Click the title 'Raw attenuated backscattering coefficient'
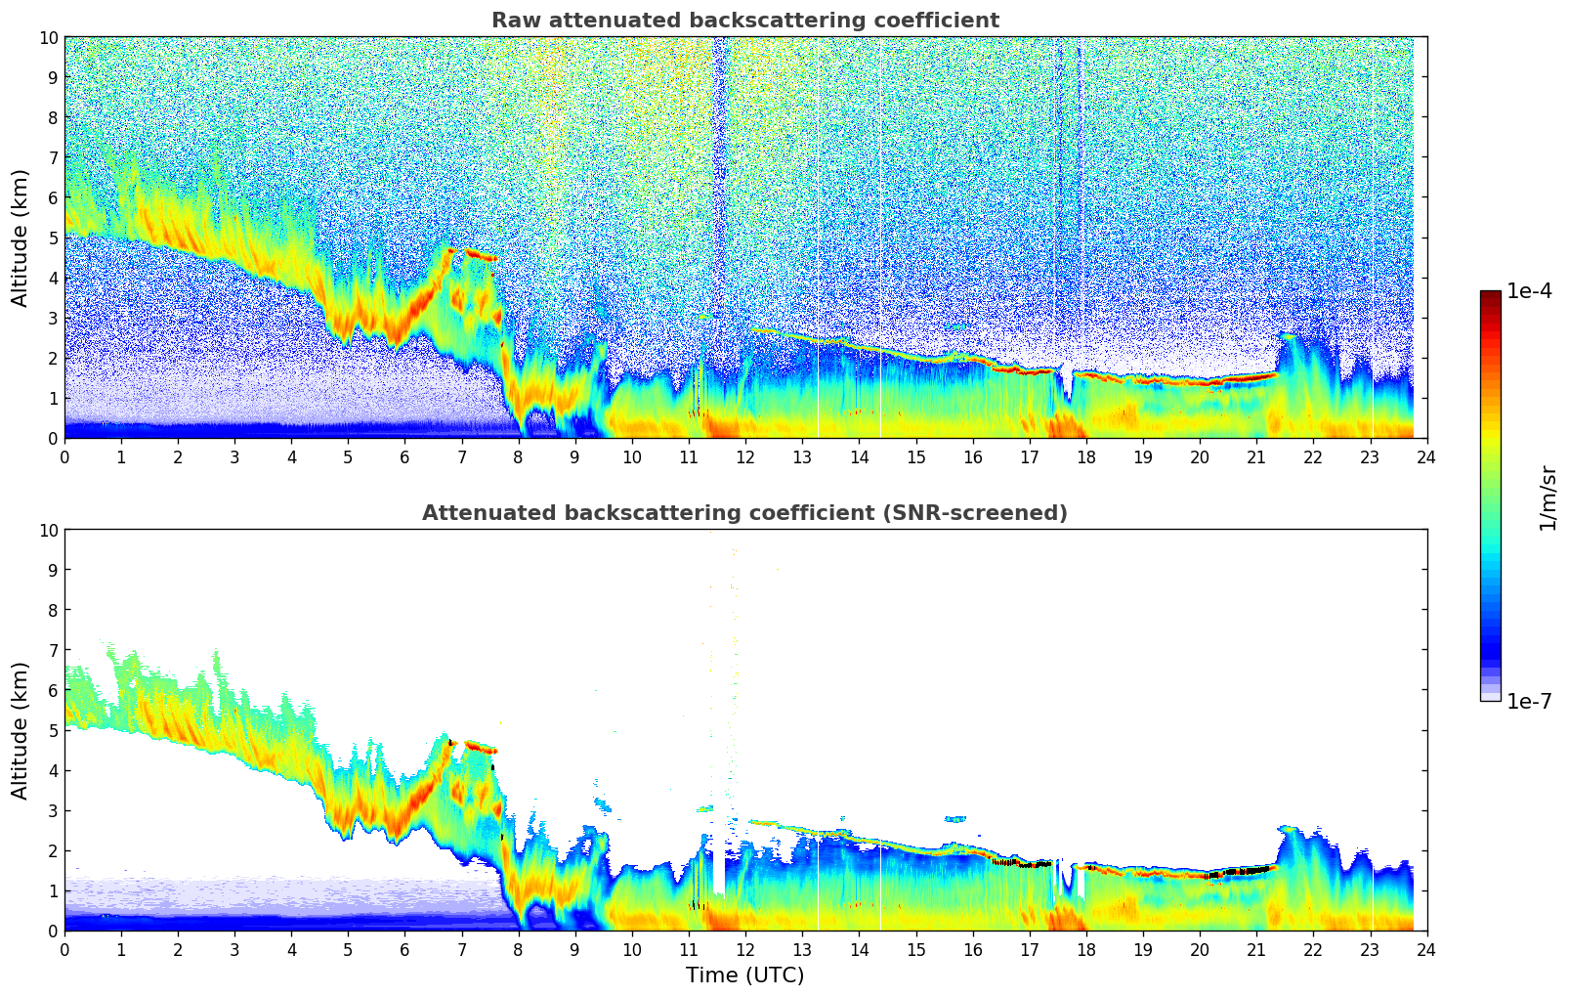pyautogui.click(x=744, y=21)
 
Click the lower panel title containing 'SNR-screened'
pyautogui.click(x=744, y=513)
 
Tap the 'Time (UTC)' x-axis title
pyautogui.click(x=744, y=975)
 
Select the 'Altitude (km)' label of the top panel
pyautogui.click(x=21, y=238)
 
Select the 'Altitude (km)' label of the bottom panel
pyautogui.click(x=21, y=730)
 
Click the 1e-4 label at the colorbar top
pyautogui.click(x=1529, y=291)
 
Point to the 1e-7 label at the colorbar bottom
pyautogui.click(x=1529, y=701)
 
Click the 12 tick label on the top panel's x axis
pyautogui.click(x=745, y=456)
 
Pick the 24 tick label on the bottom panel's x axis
pyautogui.click(x=1426, y=949)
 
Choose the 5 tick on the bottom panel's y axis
pyautogui.click(x=53, y=730)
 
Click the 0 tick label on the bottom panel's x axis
pyautogui.click(x=65, y=949)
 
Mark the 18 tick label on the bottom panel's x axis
pyautogui.click(x=1086, y=949)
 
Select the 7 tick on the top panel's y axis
pyautogui.click(x=53, y=157)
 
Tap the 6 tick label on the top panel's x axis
pyautogui.click(x=405, y=456)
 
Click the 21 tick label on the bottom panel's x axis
pyautogui.click(x=1256, y=949)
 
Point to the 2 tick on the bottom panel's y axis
pyautogui.click(x=53, y=850)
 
